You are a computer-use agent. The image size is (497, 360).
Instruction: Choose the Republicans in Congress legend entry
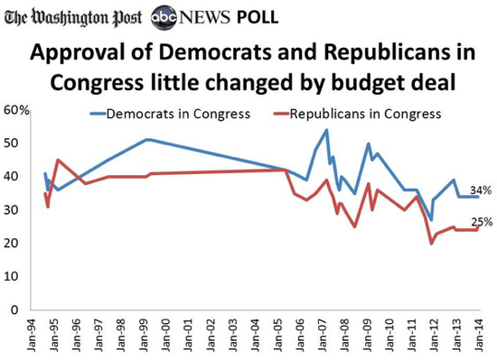358,115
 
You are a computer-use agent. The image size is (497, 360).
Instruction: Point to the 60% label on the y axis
17,110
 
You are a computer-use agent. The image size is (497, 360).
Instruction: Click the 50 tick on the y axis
20,143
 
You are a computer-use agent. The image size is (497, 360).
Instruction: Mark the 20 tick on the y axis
20,244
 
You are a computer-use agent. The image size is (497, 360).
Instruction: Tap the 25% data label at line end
481,222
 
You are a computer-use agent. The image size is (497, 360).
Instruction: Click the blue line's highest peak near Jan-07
325,130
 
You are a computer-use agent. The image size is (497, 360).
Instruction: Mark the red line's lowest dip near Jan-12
432,243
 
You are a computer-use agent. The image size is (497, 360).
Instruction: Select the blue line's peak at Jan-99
146,139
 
